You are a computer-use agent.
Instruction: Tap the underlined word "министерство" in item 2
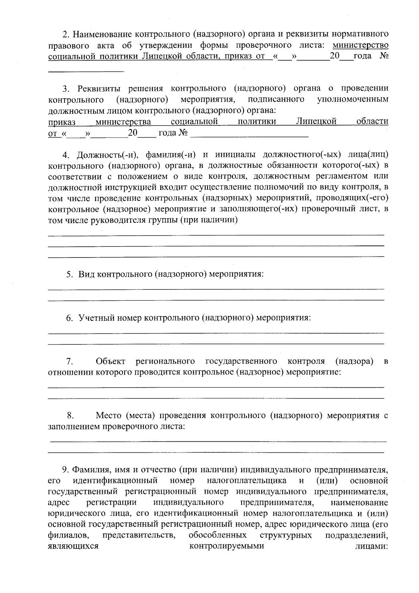coord(361,45)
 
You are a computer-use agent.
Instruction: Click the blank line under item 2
coord(86,71)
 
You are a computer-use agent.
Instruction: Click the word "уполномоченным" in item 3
coord(353,100)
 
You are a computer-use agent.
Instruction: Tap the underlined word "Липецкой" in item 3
coord(316,122)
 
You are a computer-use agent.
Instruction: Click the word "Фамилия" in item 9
coord(92,470)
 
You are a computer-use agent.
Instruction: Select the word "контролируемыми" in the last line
coord(227,546)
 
